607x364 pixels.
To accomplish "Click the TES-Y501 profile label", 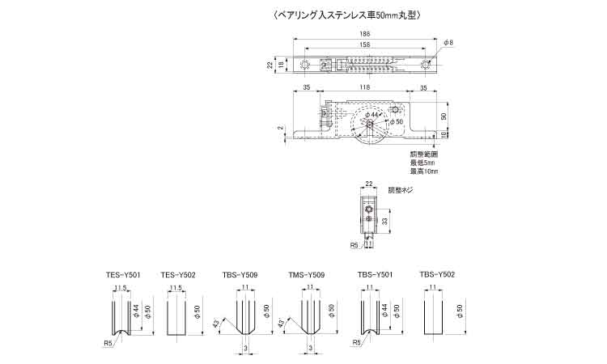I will pos(123,275).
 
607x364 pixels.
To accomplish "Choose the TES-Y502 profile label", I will pos(178,275).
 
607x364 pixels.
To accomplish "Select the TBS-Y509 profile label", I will pos(240,275).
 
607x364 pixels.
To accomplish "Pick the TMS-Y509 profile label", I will pos(306,275).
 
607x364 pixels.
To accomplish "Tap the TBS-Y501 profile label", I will pos(376,275).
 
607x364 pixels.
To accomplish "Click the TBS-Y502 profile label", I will pos(437,275).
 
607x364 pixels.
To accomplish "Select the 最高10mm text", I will pos(423,171).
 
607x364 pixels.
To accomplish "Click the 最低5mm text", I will pos(422,163).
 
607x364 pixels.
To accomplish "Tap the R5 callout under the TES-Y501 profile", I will pos(108,342).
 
